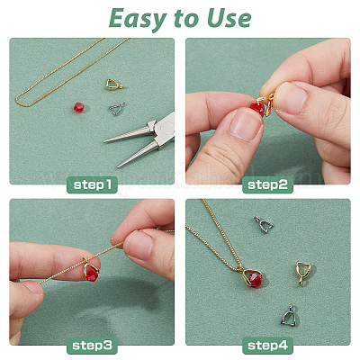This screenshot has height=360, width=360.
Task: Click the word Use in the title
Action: point(229,18)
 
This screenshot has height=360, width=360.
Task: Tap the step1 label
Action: point(92,184)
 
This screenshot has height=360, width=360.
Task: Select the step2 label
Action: point(267,184)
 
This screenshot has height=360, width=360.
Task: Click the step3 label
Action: point(92,346)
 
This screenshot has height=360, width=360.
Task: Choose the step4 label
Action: point(267,346)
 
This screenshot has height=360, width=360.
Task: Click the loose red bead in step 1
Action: point(79,107)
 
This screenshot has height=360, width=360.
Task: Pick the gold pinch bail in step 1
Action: point(114,85)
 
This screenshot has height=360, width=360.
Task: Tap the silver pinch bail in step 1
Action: point(116,108)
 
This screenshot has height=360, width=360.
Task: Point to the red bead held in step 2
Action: point(258,108)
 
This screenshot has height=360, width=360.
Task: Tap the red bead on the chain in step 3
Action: point(92,275)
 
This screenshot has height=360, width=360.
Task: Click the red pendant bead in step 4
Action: point(254,280)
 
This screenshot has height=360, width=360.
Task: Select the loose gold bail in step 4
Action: point(303,273)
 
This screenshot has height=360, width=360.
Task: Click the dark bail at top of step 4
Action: point(263,225)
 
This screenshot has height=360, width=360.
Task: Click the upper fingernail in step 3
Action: point(139,245)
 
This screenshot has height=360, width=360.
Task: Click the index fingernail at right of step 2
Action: point(290,96)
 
